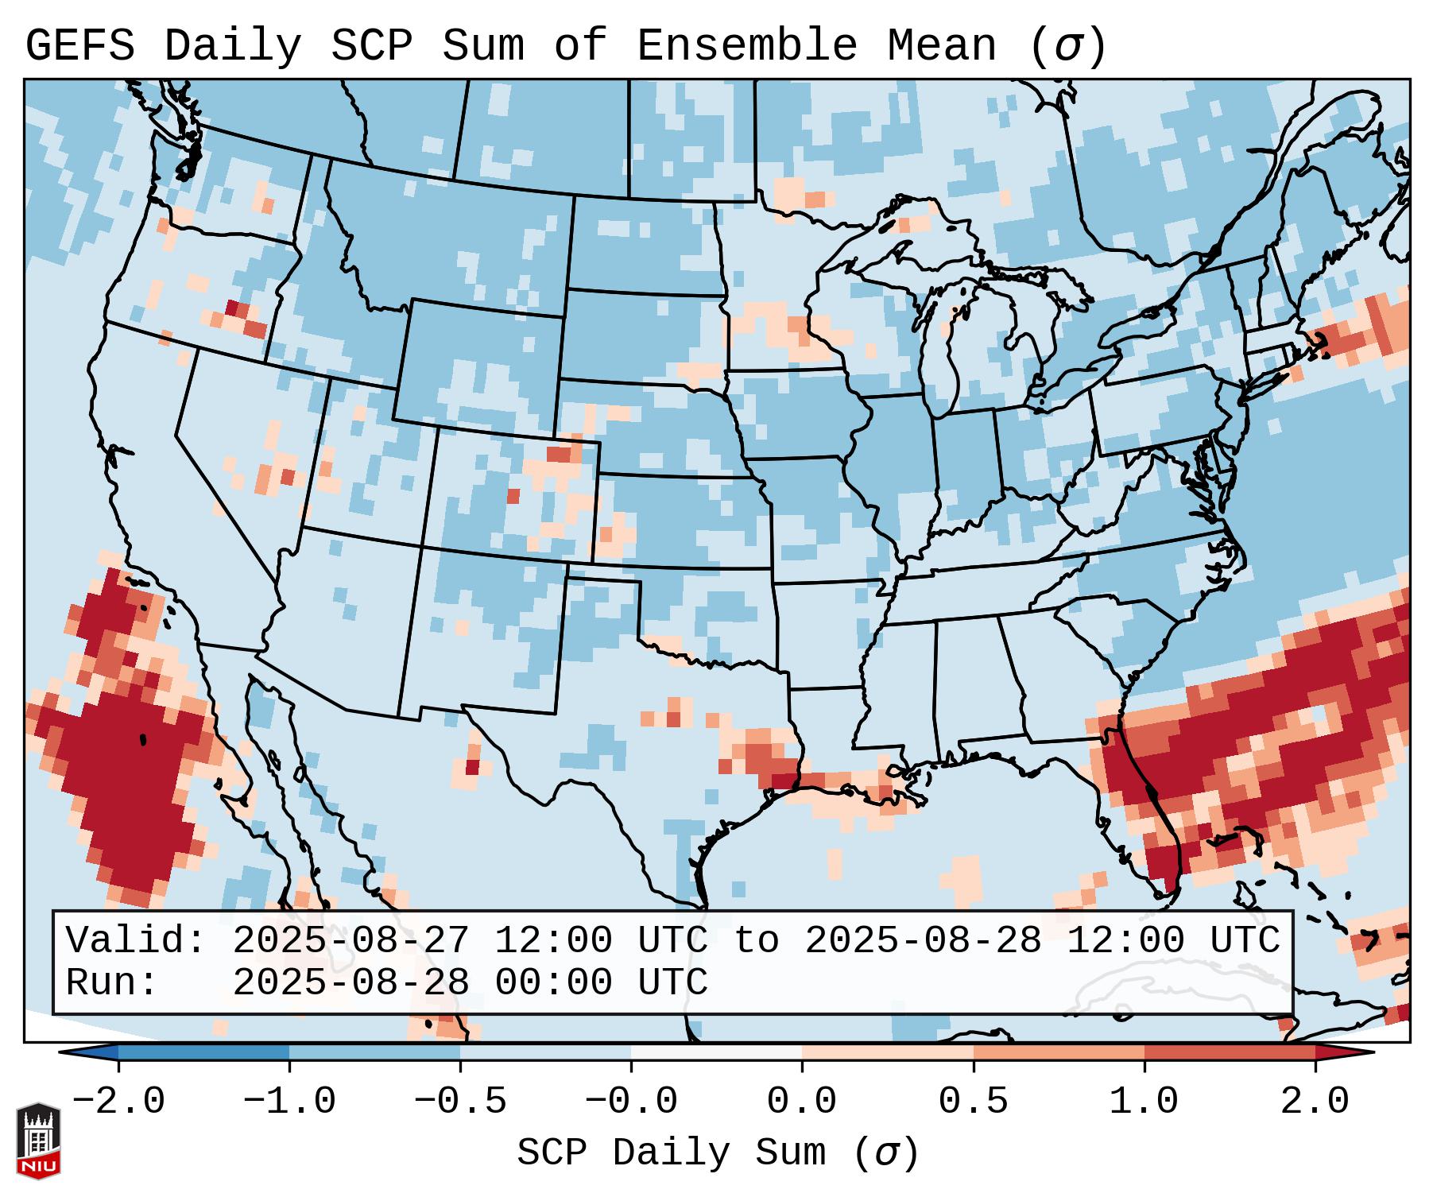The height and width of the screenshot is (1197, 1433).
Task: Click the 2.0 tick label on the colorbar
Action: point(1315,1102)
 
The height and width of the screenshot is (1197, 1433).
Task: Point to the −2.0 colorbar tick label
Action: point(118,1102)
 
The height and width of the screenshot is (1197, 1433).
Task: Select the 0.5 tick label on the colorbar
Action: point(973,1102)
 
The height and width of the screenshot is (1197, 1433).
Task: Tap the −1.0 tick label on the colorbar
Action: point(289,1102)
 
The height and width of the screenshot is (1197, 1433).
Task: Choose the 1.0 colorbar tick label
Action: point(1144,1102)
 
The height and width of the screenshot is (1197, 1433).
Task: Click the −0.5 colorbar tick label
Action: point(460,1102)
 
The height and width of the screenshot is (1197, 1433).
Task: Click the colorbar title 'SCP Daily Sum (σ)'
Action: point(718,1153)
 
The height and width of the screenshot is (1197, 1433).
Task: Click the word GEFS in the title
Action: point(80,46)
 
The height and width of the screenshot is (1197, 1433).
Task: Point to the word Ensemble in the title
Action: point(747,46)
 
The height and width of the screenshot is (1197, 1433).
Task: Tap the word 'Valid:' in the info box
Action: point(136,940)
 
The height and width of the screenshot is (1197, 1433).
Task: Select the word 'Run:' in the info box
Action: point(112,982)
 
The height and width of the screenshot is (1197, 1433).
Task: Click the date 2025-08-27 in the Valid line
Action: point(351,940)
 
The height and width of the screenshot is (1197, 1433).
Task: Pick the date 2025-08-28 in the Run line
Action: point(351,982)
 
